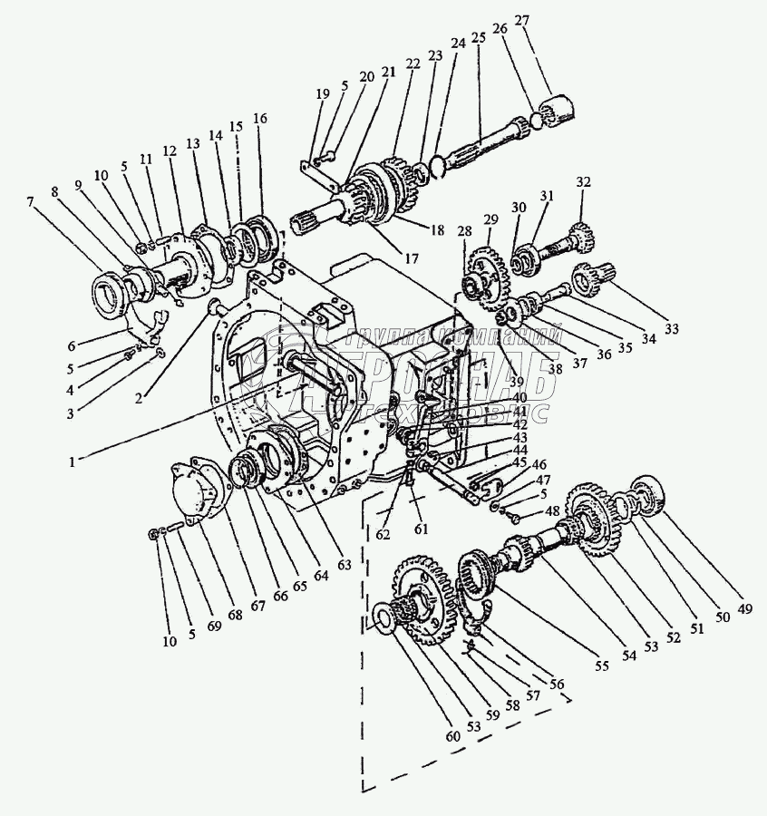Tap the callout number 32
(x=582, y=182)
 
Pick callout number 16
(x=261, y=119)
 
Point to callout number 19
(x=322, y=93)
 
